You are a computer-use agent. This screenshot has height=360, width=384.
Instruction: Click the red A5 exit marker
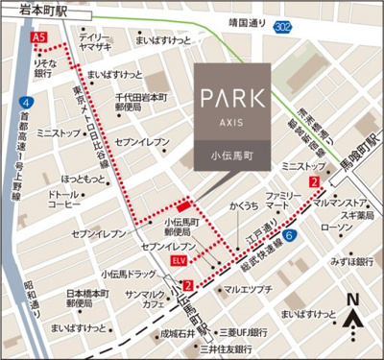(x=38, y=36)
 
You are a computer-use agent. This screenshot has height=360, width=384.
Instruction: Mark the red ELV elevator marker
(x=181, y=259)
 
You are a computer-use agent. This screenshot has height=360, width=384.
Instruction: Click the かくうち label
(x=243, y=205)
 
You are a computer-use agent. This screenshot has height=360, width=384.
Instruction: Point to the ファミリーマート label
(x=281, y=201)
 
